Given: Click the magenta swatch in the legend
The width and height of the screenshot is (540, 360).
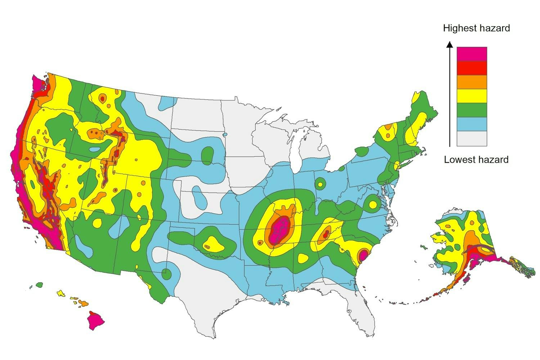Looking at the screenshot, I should pos(472,54).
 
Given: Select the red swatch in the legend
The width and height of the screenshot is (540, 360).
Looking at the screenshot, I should pos(472,68).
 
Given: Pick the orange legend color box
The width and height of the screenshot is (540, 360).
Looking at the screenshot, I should pos(472,82).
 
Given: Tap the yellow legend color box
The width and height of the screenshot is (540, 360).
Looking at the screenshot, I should pos(472,96).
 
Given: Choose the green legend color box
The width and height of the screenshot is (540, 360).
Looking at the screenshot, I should pos(472,110).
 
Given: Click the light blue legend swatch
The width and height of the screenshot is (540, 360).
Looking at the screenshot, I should pos(472,124).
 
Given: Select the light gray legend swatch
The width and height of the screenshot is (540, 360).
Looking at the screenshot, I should pos(472,139).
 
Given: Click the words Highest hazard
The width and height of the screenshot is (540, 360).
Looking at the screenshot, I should pos(476,28).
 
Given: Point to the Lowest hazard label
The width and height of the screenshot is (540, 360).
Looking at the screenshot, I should pos(476,159).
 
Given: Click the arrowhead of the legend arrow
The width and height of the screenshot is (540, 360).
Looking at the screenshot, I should pos(449,45).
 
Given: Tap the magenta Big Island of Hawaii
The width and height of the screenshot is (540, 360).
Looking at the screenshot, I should pos(95,320).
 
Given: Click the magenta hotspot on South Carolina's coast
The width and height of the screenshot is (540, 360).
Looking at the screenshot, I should pos(363,256).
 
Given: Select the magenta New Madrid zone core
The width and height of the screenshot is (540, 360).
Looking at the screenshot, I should pos(279,230).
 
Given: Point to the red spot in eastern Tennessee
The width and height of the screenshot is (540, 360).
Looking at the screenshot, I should pos(325,234).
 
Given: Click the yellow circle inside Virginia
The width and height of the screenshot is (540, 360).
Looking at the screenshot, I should pos(373,204).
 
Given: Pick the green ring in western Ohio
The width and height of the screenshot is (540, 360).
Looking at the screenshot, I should pos(320,184).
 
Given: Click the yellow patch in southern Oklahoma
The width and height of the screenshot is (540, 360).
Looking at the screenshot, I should pos(212,244).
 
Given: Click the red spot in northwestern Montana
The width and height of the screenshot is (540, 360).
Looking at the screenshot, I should pos(102,98).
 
